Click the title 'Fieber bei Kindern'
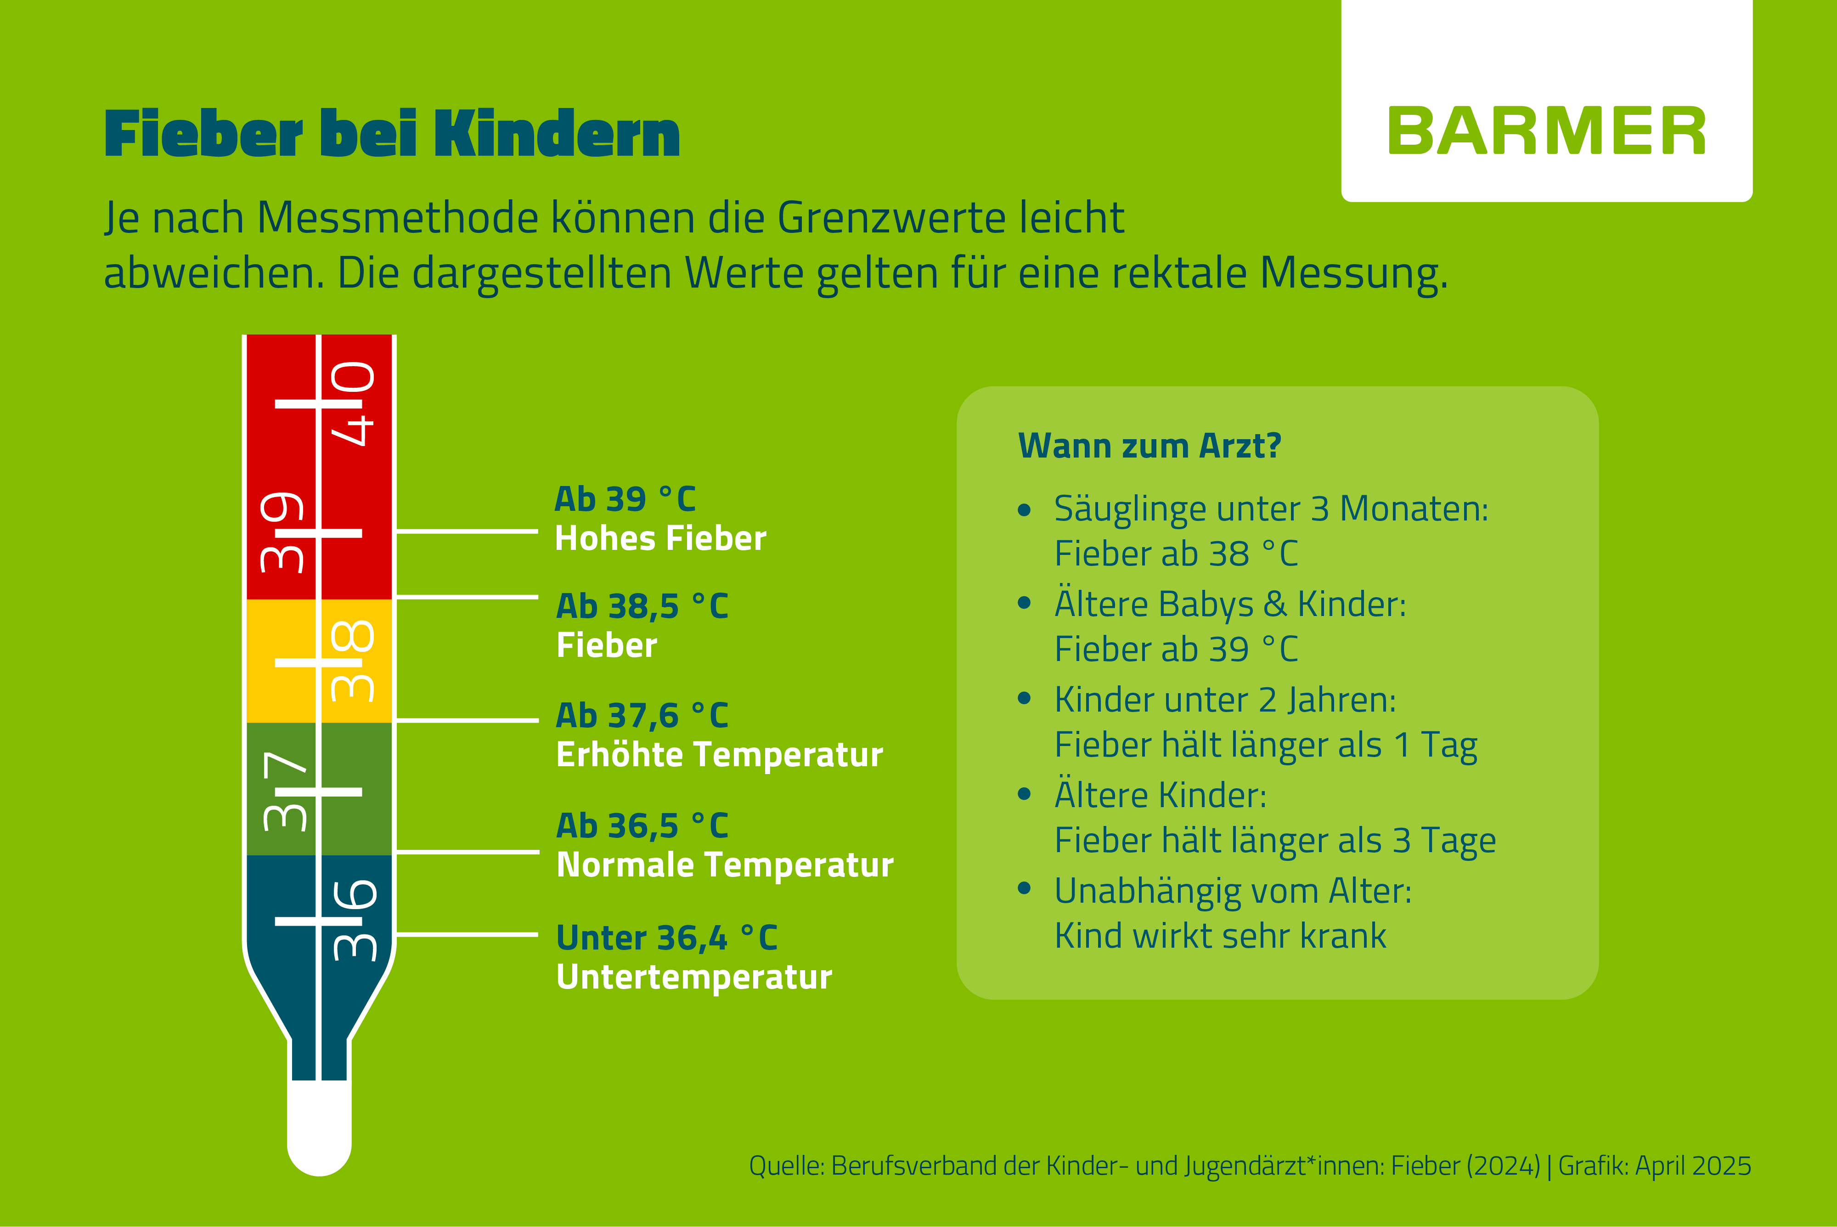(392, 134)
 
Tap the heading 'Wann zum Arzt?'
(1150, 446)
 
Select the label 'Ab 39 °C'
(625, 498)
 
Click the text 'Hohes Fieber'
(660, 538)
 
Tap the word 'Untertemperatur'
(694, 978)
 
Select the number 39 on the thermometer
(282, 532)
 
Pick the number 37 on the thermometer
(285, 790)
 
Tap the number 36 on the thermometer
(355, 920)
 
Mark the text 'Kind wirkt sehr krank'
(1221, 936)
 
